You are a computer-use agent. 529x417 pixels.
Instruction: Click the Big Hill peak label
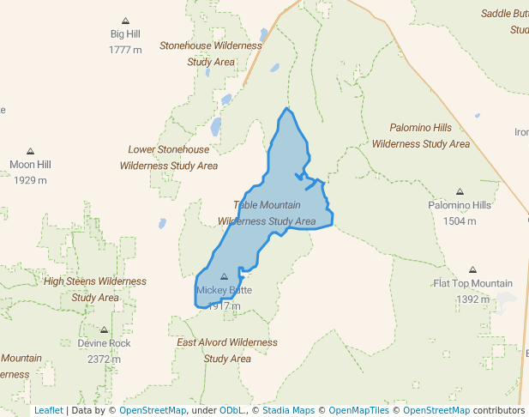125,34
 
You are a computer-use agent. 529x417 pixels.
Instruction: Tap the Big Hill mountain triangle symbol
125,20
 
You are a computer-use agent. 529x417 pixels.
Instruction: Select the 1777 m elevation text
125,50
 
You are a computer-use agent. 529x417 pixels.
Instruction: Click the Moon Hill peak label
30,165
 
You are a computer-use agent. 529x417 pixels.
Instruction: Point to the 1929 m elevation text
30,180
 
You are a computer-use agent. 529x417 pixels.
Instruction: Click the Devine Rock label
104,343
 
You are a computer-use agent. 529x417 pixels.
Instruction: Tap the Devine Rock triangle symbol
104,329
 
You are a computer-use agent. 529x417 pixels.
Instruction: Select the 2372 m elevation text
104,359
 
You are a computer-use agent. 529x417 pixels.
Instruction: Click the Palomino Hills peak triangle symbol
460,191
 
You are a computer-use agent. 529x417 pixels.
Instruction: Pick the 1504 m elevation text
460,221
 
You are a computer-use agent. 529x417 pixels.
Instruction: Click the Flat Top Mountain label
472,283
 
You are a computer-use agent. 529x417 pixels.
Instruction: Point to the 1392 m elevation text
472,299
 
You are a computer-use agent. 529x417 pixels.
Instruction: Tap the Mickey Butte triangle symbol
225,276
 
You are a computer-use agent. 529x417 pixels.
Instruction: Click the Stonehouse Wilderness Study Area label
211,53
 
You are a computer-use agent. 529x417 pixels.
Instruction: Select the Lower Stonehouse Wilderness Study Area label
169,157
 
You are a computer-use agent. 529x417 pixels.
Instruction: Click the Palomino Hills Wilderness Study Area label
421,136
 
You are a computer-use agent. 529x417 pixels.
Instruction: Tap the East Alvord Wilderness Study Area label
227,350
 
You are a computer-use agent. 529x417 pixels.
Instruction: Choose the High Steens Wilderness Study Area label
95,289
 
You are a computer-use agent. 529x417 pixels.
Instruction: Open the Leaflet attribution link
48,410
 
